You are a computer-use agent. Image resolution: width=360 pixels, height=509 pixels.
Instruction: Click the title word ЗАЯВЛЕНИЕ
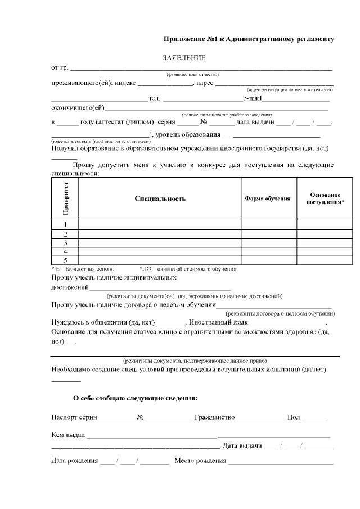(184, 57)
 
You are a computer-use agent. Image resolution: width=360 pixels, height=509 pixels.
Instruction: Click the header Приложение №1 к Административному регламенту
(249, 39)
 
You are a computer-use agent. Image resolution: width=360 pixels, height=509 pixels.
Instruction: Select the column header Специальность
(160, 199)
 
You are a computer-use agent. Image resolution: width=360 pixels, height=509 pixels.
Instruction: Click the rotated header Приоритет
(65, 199)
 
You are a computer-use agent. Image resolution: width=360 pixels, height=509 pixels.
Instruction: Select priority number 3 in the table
(65, 243)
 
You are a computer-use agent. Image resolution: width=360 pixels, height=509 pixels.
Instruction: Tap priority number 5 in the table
(65, 260)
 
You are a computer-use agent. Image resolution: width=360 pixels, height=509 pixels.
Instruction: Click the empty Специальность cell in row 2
(160, 234)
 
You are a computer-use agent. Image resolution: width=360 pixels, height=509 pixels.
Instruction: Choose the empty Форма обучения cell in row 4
(268, 251)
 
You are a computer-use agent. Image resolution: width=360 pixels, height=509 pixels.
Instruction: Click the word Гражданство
(214, 418)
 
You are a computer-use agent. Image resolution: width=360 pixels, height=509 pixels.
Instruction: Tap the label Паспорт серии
(74, 418)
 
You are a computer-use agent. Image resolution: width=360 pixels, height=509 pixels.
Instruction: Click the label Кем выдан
(68, 435)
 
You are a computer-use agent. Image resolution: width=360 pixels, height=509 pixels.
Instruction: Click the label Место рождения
(200, 461)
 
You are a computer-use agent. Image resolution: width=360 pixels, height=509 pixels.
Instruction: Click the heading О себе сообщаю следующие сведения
(135, 398)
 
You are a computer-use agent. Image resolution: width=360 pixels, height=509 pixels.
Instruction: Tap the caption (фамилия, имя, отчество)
(192, 74)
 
